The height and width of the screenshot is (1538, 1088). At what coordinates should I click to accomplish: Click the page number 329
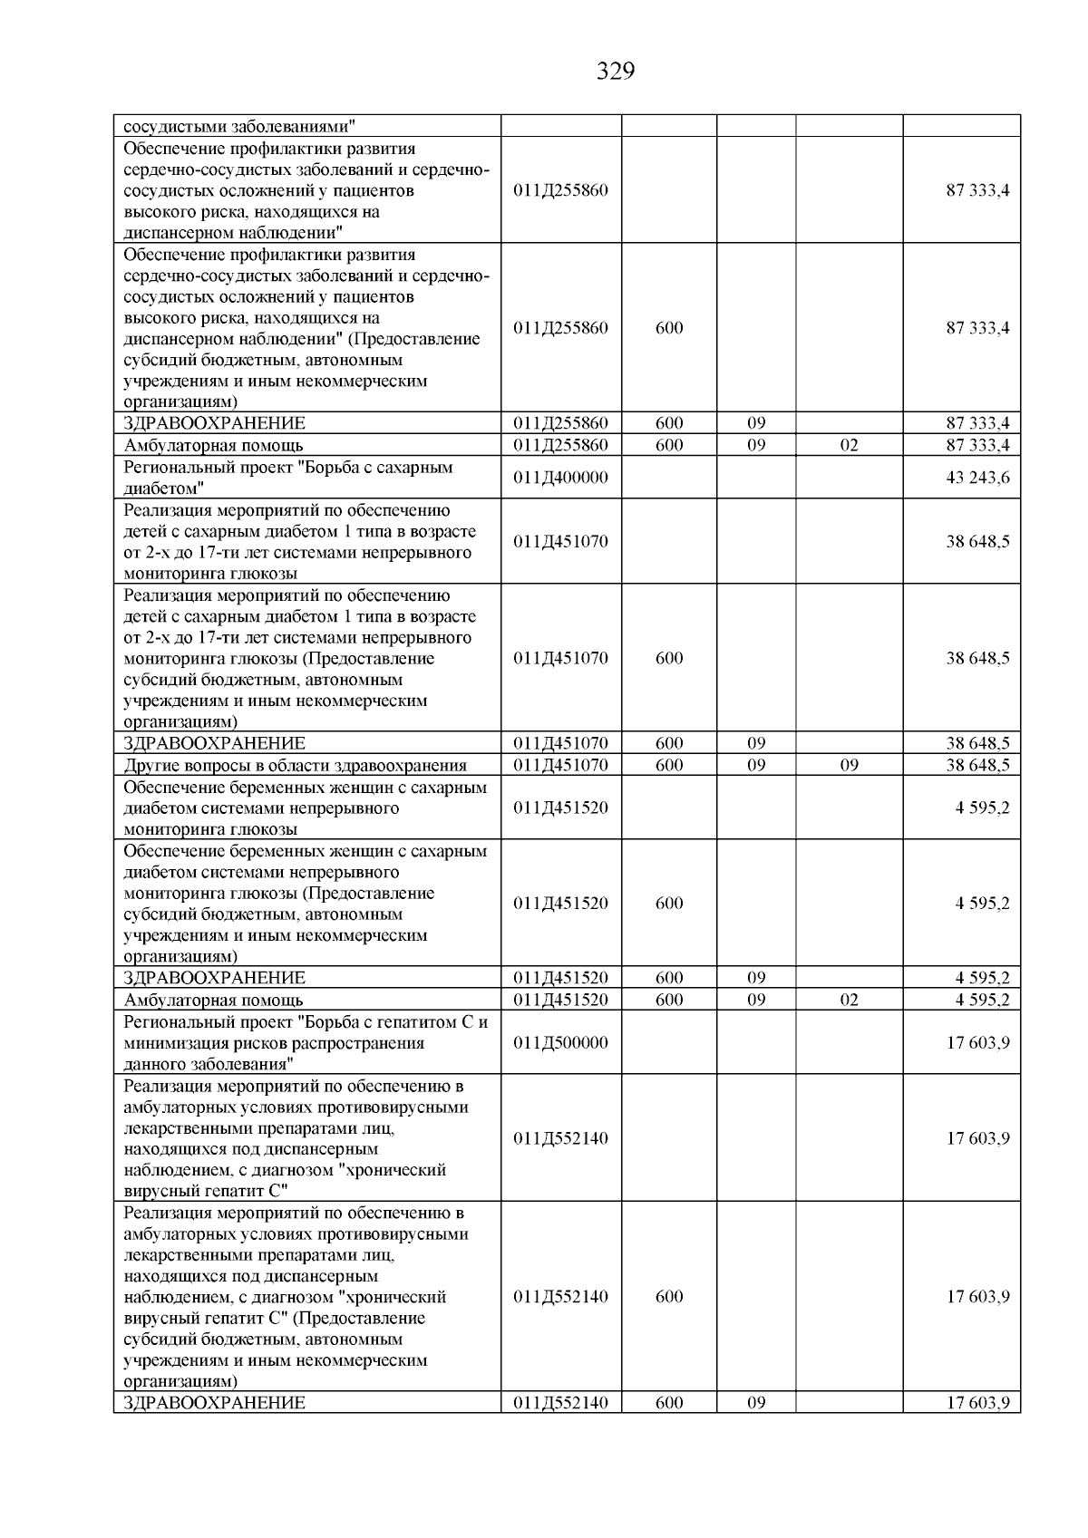tap(616, 72)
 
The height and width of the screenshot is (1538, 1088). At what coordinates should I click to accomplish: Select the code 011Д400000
tap(560, 478)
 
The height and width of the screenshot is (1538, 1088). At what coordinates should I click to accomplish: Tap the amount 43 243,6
tap(977, 478)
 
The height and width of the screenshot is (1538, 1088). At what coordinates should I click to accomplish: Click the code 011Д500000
tap(560, 1043)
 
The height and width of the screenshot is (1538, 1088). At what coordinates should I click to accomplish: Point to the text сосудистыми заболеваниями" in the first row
tap(239, 126)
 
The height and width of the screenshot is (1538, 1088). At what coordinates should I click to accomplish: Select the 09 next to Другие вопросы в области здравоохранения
tap(849, 766)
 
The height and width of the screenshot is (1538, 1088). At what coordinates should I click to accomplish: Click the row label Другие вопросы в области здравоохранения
tap(295, 766)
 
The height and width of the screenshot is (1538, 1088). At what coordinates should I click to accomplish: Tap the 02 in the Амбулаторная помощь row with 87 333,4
tap(849, 446)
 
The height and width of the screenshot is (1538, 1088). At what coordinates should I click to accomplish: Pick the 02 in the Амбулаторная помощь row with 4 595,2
tap(849, 1001)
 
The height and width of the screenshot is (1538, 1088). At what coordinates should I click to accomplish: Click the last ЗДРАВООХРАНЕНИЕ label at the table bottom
tap(214, 1403)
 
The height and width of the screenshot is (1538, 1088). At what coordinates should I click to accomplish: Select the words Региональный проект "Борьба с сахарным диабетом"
tap(287, 478)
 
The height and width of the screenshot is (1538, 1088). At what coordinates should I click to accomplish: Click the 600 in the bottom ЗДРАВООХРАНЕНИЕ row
tap(669, 1403)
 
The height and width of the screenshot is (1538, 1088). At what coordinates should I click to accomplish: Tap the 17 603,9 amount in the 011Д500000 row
tap(977, 1043)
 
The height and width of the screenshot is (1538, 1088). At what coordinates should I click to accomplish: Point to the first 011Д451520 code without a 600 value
tap(560, 808)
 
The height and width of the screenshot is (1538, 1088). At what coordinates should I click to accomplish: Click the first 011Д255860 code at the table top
tap(560, 190)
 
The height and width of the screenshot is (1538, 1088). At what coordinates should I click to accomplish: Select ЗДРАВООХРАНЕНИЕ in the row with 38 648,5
tap(214, 744)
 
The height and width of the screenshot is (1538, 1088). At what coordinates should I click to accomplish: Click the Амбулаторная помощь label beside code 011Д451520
tap(213, 1001)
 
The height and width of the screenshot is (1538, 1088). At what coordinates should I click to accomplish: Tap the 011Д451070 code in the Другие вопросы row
tap(560, 766)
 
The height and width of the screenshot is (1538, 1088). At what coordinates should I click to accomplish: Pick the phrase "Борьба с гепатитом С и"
tap(399, 1022)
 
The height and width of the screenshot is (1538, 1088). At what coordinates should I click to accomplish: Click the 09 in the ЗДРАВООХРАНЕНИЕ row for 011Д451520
tap(756, 979)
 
